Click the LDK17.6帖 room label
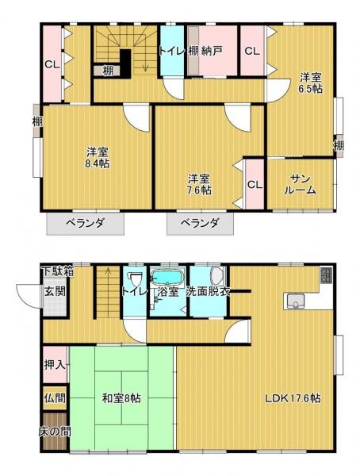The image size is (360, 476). (x=293, y=397)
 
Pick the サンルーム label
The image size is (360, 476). (x=301, y=184)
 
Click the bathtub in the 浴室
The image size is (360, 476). (x=167, y=278)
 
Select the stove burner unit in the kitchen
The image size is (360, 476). (x=327, y=275)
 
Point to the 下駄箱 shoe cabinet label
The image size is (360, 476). (x=57, y=271)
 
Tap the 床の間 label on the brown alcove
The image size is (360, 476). (x=55, y=432)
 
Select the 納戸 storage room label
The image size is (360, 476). (x=212, y=52)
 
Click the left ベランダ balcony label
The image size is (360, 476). (x=86, y=223)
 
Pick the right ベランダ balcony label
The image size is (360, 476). (x=199, y=223)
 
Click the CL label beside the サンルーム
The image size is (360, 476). (x=255, y=185)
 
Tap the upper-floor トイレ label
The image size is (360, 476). (x=172, y=52)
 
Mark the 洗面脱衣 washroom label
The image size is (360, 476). (x=209, y=292)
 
